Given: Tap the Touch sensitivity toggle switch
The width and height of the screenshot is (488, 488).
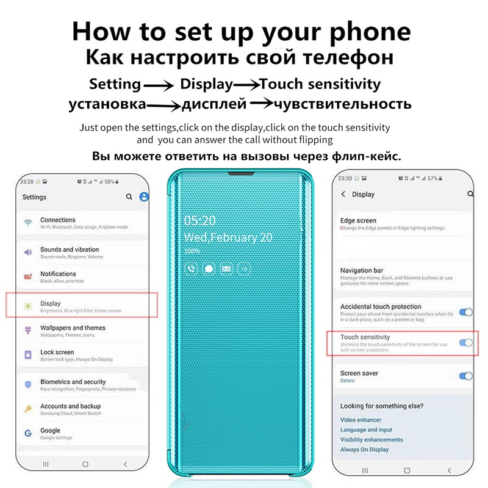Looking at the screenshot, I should [466, 343].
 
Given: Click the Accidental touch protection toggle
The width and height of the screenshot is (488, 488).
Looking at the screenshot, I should [466, 312].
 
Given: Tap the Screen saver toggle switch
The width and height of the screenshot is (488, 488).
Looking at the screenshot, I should [466, 376].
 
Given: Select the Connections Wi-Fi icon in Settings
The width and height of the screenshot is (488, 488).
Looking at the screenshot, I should [28, 223].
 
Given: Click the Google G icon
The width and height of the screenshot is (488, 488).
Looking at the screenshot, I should [28, 433].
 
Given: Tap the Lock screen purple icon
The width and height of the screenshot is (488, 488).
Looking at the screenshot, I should [28, 354].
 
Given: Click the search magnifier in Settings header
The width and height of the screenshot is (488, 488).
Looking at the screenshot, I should [129, 197].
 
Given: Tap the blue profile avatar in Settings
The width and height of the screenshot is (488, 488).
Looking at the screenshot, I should [144, 197].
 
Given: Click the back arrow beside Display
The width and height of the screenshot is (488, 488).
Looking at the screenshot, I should [343, 194].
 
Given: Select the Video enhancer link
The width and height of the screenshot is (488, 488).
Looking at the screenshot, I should [361, 420].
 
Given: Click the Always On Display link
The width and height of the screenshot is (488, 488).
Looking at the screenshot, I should [364, 450].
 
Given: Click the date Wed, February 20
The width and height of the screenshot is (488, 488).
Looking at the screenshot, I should [228, 237].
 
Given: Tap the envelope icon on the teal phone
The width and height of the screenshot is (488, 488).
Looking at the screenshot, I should [226, 268].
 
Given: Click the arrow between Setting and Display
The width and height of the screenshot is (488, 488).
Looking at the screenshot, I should [160, 85].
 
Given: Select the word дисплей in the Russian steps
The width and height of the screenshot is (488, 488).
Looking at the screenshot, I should [214, 104].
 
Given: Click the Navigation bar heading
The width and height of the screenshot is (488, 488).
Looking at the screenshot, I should [361, 270].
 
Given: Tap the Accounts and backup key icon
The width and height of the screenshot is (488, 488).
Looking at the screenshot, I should [28, 409].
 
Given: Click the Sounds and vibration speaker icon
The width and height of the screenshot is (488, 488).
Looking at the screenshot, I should [28, 252].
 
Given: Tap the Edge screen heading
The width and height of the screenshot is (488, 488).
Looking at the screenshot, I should [358, 220].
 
